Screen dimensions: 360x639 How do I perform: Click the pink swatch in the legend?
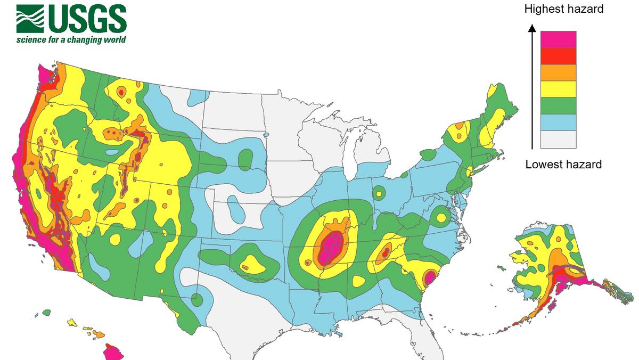point(558,39)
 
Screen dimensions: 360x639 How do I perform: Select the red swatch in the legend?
point(558,56)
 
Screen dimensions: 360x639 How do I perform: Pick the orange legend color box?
point(558,72)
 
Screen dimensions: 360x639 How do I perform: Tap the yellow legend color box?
point(558,89)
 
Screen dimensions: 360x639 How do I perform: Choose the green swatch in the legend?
point(558,105)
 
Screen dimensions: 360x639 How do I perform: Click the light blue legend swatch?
point(558,122)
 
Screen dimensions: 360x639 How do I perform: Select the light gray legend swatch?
point(558,139)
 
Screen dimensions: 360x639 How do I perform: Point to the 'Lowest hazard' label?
point(563,164)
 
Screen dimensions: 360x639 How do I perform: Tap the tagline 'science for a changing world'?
point(71,40)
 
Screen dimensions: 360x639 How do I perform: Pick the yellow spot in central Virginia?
point(441,217)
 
